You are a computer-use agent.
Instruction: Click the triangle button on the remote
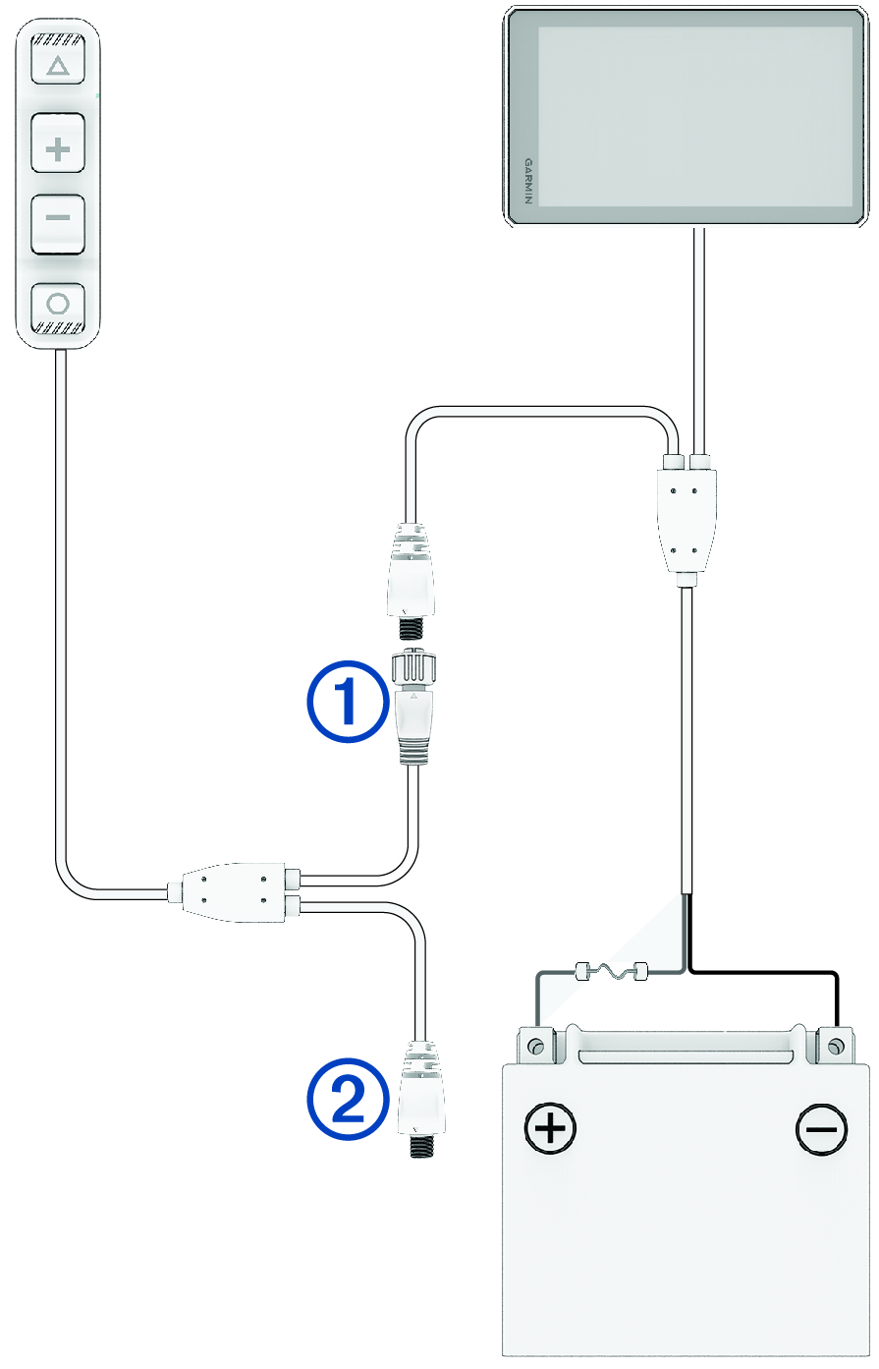pyautogui.click(x=58, y=67)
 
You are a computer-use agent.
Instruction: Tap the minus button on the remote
pyautogui.click(x=58, y=217)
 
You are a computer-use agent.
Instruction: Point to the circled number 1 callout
pyautogui.click(x=348, y=704)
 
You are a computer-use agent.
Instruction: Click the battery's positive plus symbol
pyautogui.click(x=551, y=1127)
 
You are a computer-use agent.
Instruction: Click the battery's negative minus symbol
pyautogui.click(x=821, y=1127)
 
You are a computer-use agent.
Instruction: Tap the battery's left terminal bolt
pyautogui.click(x=535, y=1044)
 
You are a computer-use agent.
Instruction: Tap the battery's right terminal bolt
pyautogui.click(x=835, y=1044)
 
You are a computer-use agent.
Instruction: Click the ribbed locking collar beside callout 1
pyautogui.click(x=413, y=671)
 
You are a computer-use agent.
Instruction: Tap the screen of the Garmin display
pyautogui.click(x=694, y=117)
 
